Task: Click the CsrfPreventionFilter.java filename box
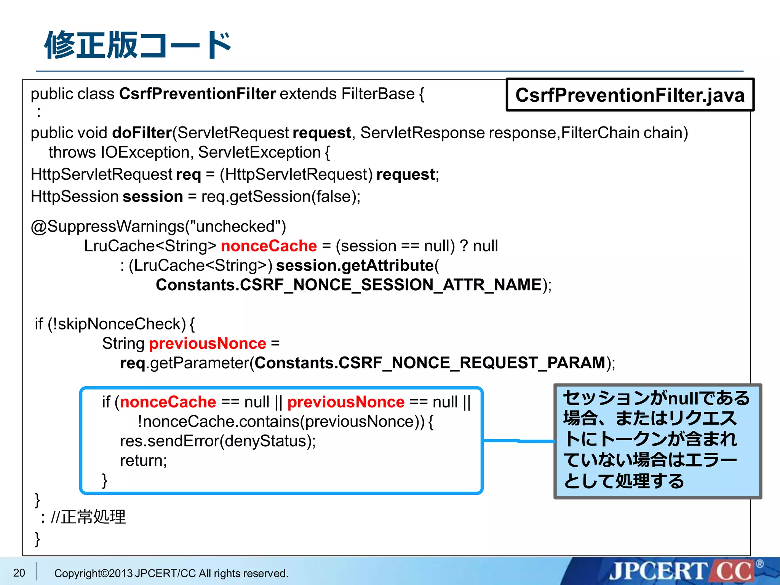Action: pyautogui.click(x=630, y=95)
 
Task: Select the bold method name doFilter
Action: pyautogui.click(x=142, y=133)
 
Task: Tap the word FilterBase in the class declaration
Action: pyautogui.click(x=378, y=94)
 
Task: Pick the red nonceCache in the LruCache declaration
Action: pyautogui.click(x=269, y=246)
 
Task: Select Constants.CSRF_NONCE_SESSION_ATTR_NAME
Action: pyautogui.click(x=348, y=285)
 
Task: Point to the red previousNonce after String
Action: pyautogui.click(x=208, y=344)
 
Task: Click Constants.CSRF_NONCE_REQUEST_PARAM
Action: pyautogui.click(x=430, y=363)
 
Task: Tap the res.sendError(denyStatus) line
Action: pyautogui.click(x=218, y=441)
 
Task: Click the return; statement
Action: pyautogui.click(x=143, y=460)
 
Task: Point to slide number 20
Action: pyautogui.click(x=19, y=573)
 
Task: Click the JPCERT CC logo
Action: pyautogui.click(x=682, y=572)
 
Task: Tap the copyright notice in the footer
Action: pyautogui.click(x=171, y=573)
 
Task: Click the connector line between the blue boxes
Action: pyautogui.click(x=518, y=441)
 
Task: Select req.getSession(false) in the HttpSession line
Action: pyautogui.click(x=280, y=197)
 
